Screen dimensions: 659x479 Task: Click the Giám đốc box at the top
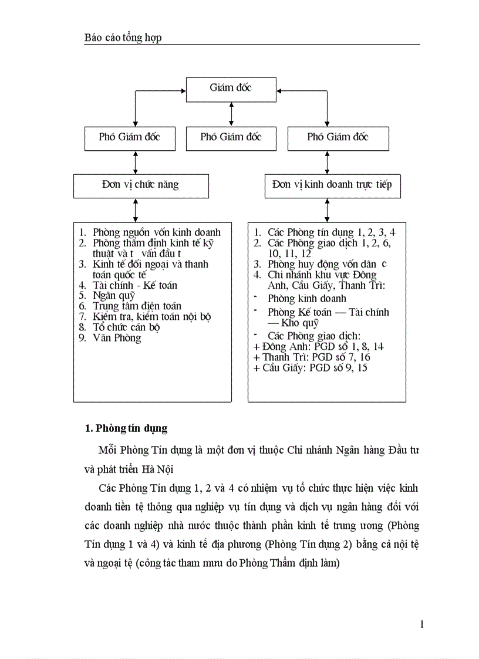click(231, 88)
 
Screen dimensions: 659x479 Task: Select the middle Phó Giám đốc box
click(231, 137)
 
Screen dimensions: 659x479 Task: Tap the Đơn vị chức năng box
click(140, 185)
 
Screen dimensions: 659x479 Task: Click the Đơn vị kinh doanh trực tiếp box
click(332, 185)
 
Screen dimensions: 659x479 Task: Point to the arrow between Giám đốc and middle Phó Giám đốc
click(231, 113)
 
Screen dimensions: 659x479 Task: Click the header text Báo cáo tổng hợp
click(123, 38)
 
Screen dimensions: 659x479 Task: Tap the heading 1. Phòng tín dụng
click(126, 428)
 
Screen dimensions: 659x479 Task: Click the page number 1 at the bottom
click(421, 624)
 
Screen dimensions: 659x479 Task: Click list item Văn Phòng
click(117, 338)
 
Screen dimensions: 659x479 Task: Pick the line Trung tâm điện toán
click(137, 306)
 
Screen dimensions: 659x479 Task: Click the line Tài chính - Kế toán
click(135, 285)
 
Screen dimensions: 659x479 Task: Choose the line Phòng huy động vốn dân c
click(327, 264)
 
